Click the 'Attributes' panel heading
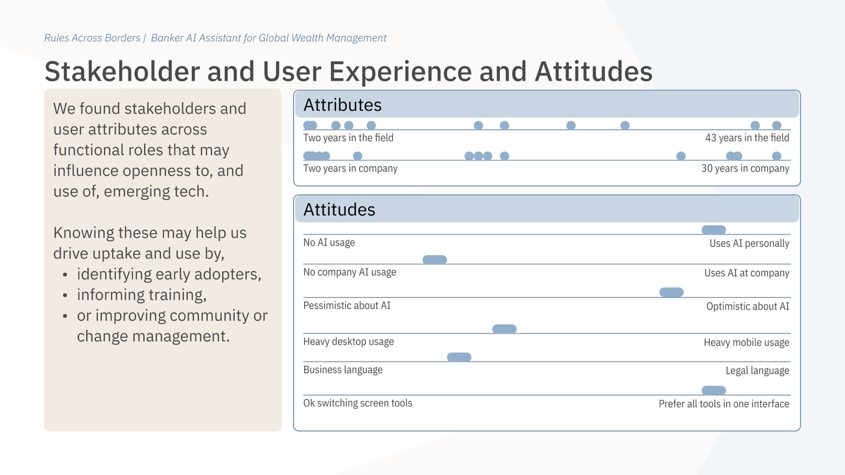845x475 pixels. [342, 105]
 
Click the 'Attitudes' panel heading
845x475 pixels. [339, 210]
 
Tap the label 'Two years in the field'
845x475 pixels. [348, 138]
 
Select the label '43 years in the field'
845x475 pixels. [747, 138]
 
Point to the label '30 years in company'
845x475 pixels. [745, 168]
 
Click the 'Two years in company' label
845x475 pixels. [350, 168]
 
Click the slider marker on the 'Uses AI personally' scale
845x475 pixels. [713, 230]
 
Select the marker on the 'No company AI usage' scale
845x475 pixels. [434, 260]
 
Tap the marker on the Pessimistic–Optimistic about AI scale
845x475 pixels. [671, 292]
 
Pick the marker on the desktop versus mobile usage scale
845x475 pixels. [504, 329]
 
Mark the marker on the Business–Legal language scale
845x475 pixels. [459, 357]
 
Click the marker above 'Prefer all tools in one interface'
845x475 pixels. [713, 391]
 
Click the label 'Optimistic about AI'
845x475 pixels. [747, 307]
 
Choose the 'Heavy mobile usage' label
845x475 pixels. [746, 343]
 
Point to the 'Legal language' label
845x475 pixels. [757, 371]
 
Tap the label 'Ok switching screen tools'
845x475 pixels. [357, 403]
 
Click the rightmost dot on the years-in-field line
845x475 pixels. [777, 126]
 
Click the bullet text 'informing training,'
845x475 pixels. [141, 295]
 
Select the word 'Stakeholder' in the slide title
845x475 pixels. [122, 72]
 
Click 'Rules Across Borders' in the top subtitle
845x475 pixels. [92, 38]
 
